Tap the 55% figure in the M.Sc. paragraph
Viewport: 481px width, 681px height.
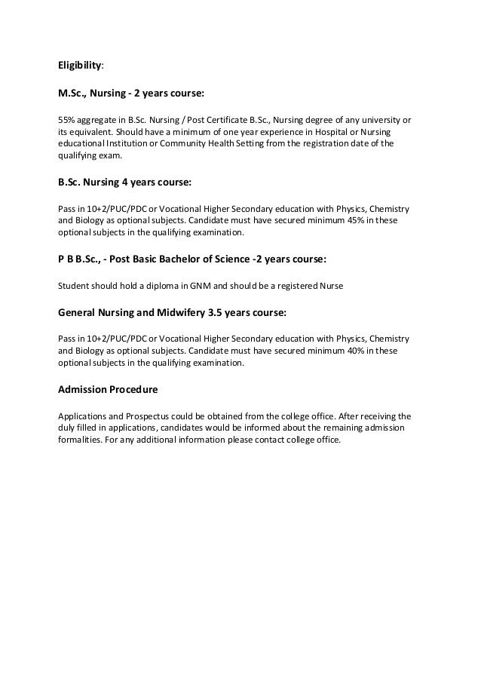coord(66,119)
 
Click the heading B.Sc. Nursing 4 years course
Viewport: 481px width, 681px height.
coord(125,182)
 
